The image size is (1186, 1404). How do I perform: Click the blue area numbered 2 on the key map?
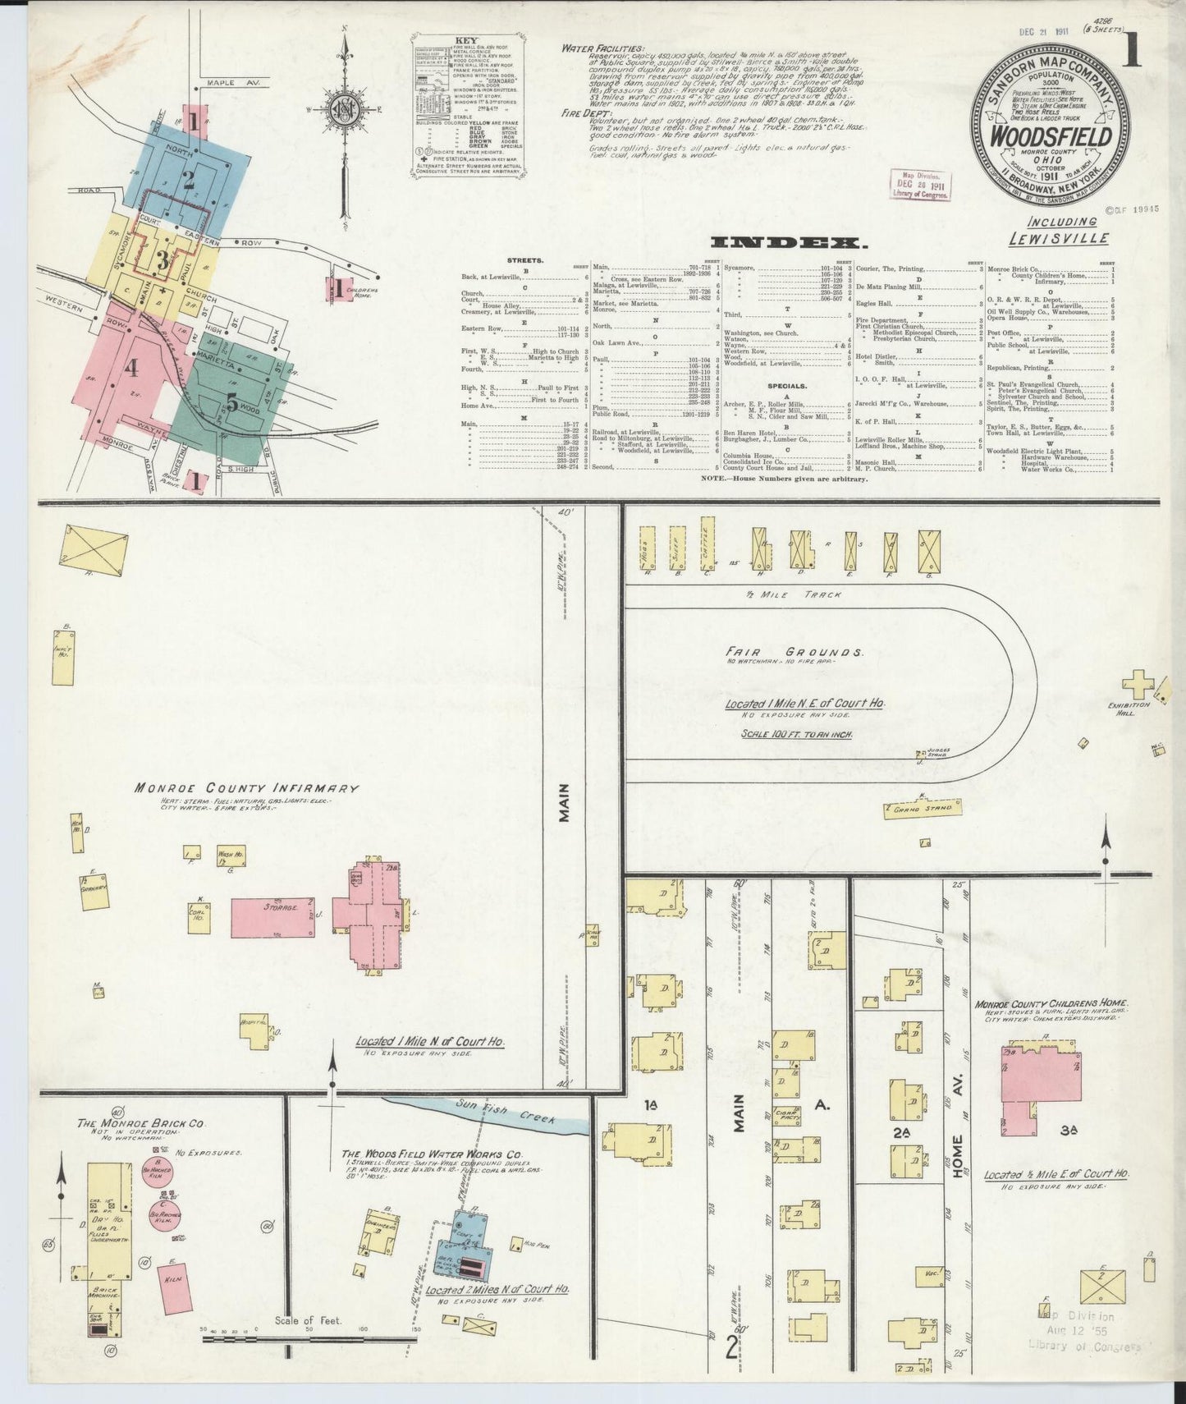coord(189,179)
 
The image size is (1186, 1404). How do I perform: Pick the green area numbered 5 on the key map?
coord(232,403)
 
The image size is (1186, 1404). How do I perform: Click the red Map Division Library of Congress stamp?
coord(921,186)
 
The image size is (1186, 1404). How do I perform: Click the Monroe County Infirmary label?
coord(246,787)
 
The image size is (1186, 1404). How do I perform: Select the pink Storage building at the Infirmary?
coord(272,917)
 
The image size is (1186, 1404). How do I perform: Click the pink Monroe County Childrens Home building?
coord(1037,1078)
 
